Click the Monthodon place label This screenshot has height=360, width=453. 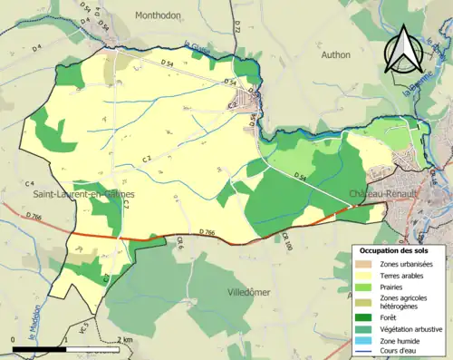[159, 15]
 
